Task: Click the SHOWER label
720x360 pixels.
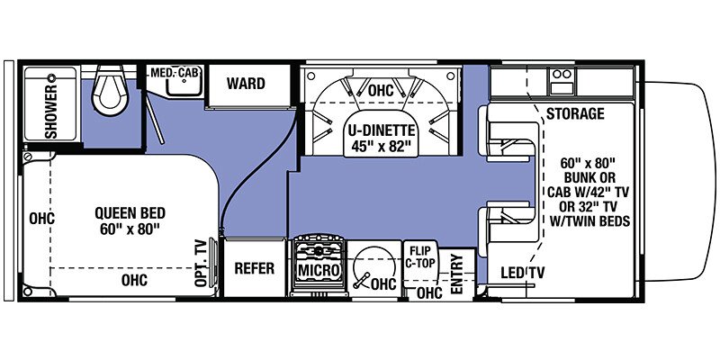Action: click(x=51, y=111)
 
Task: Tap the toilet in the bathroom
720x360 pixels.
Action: click(x=110, y=90)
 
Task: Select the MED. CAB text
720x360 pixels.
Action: click(x=176, y=72)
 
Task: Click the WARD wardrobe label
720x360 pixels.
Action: click(x=246, y=84)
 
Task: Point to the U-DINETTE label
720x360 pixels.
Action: click(x=380, y=130)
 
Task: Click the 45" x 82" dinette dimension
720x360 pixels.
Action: click(x=380, y=147)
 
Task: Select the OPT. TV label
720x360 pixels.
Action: click(x=201, y=263)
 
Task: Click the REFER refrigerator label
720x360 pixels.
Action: click(x=255, y=268)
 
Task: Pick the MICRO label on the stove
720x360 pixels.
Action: click(x=319, y=270)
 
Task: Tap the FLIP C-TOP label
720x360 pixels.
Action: click(x=420, y=257)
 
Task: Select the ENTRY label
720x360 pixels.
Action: click(x=456, y=274)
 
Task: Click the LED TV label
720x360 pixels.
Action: click(x=523, y=274)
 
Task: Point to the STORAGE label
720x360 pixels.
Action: click(x=575, y=113)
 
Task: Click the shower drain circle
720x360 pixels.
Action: click(x=51, y=77)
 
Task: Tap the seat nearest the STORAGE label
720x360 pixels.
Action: click(x=508, y=133)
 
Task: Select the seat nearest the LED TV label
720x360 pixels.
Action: click(x=508, y=224)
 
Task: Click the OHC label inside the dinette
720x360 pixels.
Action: click(x=381, y=91)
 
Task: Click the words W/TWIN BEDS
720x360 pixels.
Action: click(x=589, y=221)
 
